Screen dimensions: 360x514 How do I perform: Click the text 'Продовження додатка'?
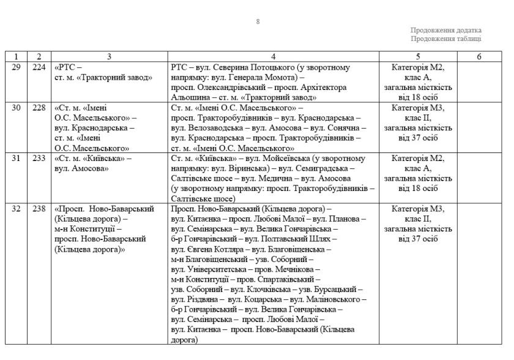[445, 31]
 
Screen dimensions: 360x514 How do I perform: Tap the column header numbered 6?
[479, 56]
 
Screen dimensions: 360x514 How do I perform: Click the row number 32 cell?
[17, 209]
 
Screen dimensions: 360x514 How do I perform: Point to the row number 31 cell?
[17, 158]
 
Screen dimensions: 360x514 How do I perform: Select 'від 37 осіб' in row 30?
[418, 138]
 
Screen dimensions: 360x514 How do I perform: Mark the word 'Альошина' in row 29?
[189, 97]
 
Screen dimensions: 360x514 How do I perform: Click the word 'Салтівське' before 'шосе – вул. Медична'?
[190, 178]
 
